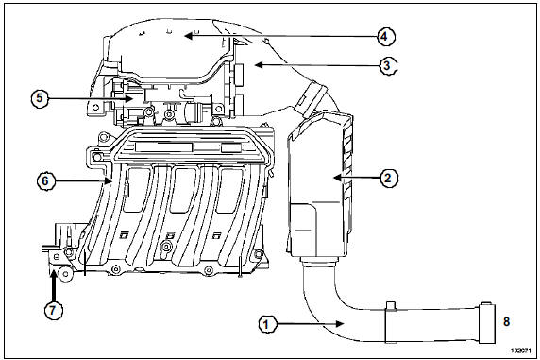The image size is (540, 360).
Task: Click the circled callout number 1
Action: coord(266,324)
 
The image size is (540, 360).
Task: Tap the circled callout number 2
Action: coord(388,179)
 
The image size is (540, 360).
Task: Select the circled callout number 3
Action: coord(387,65)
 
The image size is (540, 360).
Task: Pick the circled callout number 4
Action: coord(385,37)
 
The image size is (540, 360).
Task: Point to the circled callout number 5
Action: coord(40,98)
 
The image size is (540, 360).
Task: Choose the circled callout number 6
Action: coord(45,180)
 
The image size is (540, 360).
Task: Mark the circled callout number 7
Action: coord(53,310)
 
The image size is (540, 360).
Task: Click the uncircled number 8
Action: coord(506,321)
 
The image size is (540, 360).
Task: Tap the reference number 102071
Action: coord(520,351)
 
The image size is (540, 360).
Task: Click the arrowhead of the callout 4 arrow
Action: coord(188,35)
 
